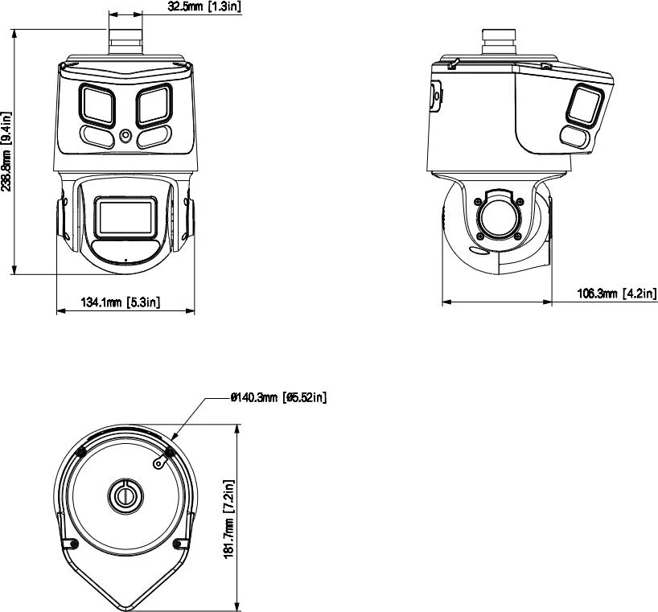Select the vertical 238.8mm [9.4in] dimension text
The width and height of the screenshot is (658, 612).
click(x=7, y=152)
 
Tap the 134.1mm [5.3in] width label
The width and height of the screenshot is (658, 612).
click(x=121, y=302)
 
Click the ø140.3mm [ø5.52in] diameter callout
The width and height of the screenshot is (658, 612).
click(x=278, y=397)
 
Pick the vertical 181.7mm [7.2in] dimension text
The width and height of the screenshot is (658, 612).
click(x=228, y=520)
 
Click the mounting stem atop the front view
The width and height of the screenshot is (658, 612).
click(x=125, y=38)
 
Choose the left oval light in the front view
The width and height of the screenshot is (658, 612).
click(x=96, y=137)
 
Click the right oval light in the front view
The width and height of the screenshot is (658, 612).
click(x=154, y=137)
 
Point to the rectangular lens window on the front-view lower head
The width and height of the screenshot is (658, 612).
click(x=125, y=217)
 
